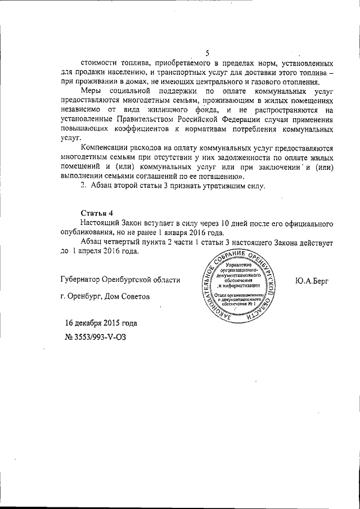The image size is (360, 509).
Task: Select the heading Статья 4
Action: click(x=97, y=213)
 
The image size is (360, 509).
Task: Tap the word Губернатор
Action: click(x=83, y=280)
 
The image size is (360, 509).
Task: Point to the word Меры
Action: click(x=91, y=90)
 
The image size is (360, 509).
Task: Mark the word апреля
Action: click(x=89, y=251)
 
